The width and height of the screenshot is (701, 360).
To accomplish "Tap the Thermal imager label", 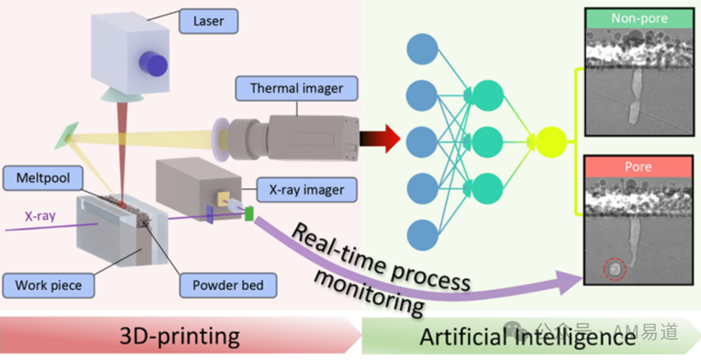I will (x=296, y=88).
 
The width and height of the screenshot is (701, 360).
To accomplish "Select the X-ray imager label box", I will (x=306, y=190).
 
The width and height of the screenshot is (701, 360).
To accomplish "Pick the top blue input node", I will (x=423, y=49).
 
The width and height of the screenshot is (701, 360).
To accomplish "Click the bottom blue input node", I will (x=423, y=234).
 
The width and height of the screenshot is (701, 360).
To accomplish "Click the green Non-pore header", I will (x=638, y=18).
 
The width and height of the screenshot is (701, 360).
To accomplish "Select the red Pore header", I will (x=638, y=167).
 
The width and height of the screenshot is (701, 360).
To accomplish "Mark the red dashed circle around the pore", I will (x=613, y=268).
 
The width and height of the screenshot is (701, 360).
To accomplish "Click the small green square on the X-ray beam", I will (x=247, y=212).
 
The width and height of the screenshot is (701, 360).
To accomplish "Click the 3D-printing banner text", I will (x=180, y=336).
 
